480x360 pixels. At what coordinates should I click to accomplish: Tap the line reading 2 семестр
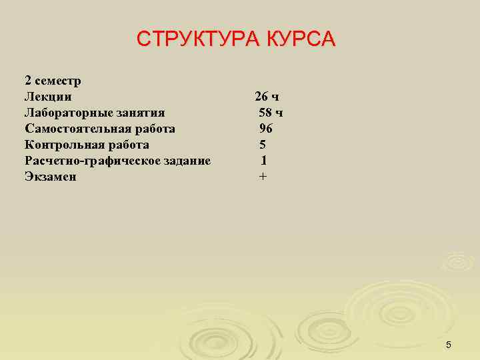tap(53, 81)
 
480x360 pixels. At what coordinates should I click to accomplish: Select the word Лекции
tap(48, 97)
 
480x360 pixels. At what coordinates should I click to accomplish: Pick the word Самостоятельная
tap(79, 129)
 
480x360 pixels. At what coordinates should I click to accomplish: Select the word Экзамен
tap(51, 177)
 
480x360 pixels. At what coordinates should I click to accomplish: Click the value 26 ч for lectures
tap(267, 97)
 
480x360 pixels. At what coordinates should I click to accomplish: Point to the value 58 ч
tap(271, 113)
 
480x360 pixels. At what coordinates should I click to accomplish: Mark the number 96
tap(266, 129)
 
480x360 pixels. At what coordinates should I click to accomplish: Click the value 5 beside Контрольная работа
tap(263, 145)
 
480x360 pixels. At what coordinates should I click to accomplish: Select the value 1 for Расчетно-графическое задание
tap(264, 161)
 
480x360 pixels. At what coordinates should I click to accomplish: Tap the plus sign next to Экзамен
tap(263, 177)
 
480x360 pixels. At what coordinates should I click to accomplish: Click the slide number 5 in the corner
tap(449, 345)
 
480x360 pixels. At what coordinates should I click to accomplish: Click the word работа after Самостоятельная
tap(155, 129)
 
